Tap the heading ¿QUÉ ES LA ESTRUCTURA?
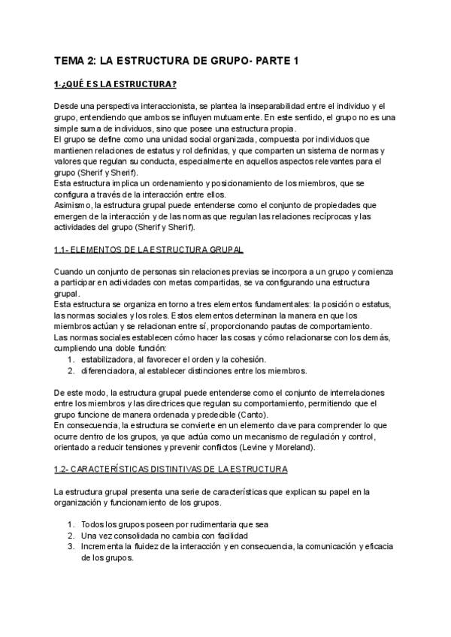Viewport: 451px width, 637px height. coord(120,83)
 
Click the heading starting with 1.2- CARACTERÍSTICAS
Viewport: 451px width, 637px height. coord(171,469)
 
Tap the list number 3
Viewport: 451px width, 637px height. coord(70,547)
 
